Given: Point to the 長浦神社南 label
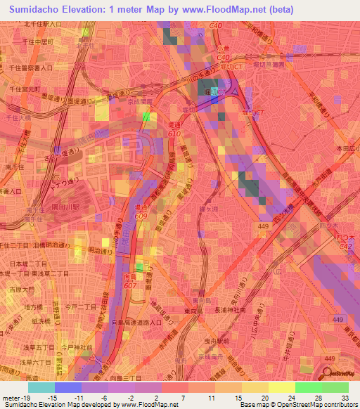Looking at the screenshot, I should [230, 309].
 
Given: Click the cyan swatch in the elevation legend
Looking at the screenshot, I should [41, 387].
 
